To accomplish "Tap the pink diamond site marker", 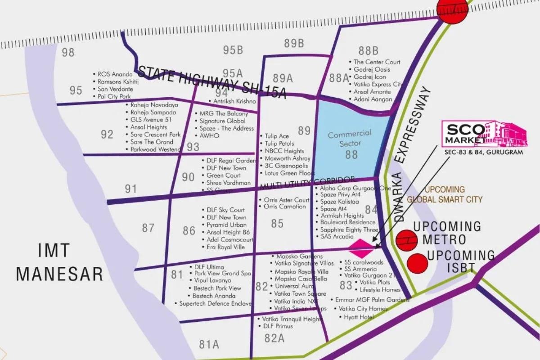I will coord(362,246).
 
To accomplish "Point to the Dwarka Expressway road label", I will coord(412,153).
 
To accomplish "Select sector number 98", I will coord(68,53).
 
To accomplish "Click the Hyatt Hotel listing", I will coord(359,317).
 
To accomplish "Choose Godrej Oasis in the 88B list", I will coord(372,69).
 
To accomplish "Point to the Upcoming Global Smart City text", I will coord(445,194).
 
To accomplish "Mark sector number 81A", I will coord(209,345).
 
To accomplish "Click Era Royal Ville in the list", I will coord(225,247).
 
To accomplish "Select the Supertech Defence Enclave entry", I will coord(215,304).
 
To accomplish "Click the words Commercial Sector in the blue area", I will coord(349,138).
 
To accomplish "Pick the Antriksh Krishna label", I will coord(234,101).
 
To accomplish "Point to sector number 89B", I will coord(294,44).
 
